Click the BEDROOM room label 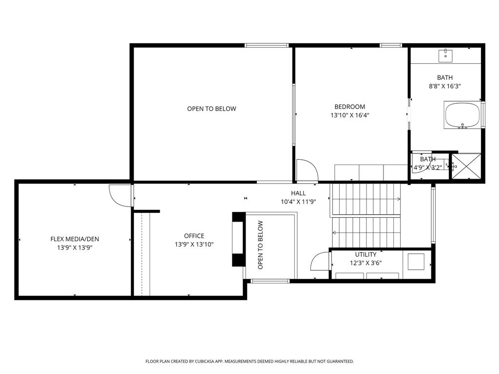[349, 107]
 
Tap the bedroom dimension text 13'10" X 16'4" [349, 115]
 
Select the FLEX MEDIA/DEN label [75, 239]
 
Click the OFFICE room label [194, 236]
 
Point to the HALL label [298, 193]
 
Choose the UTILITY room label [365, 254]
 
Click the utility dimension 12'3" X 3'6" [365, 263]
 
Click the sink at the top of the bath [445, 56]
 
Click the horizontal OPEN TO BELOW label [211, 109]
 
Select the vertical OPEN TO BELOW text [260, 245]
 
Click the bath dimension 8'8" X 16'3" [444, 86]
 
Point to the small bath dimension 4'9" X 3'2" [427, 167]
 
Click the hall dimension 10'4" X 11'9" [298, 202]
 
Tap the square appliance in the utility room [416, 262]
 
